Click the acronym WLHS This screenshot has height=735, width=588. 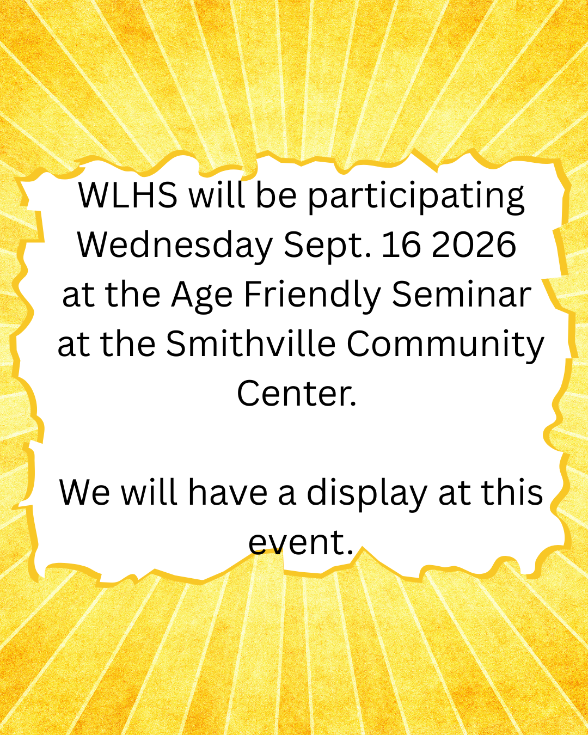click(x=128, y=195)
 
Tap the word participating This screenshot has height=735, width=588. click(x=416, y=198)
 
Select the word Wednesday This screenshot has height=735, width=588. click(x=175, y=245)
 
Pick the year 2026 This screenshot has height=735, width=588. click(x=474, y=245)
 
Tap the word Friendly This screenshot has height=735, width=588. click(x=313, y=296)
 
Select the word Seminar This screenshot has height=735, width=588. click(x=462, y=295)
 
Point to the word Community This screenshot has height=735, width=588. click(x=445, y=346)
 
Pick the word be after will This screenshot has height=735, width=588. click(x=276, y=195)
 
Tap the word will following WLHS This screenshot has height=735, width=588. click(x=217, y=195)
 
